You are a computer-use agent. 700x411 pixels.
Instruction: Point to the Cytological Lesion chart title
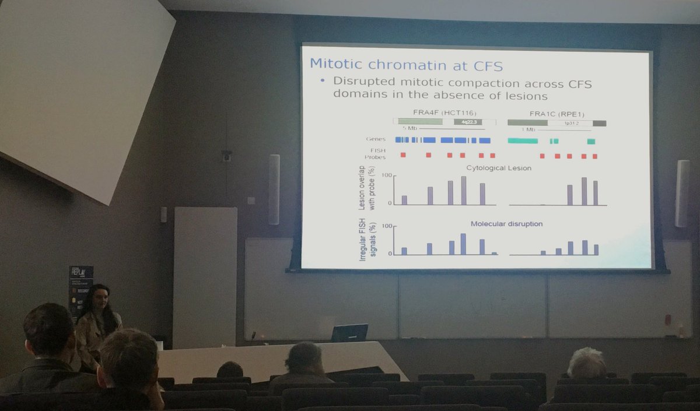click(x=499, y=168)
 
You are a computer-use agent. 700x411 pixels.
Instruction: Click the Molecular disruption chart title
click(x=506, y=224)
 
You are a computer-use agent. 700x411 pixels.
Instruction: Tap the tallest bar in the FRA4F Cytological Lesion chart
click(x=464, y=191)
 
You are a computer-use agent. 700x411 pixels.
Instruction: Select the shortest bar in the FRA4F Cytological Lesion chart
click(x=404, y=200)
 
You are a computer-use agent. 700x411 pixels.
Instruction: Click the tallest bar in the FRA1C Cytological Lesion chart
click(x=584, y=191)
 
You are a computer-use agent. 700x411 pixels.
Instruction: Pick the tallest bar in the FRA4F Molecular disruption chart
click(x=463, y=244)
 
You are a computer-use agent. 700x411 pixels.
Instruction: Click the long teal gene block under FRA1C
click(x=523, y=141)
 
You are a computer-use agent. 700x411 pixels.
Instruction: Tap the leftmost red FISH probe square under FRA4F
click(x=403, y=155)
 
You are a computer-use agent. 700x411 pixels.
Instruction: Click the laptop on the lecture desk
click(x=349, y=333)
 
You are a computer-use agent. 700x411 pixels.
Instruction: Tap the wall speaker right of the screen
click(x=682, y=193)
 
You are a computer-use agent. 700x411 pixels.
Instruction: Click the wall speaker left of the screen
click(x=274, y=189)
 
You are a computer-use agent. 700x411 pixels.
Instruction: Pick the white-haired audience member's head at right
click(x=586, y=363)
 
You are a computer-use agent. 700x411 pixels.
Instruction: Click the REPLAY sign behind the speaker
click(x=80, y=273)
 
